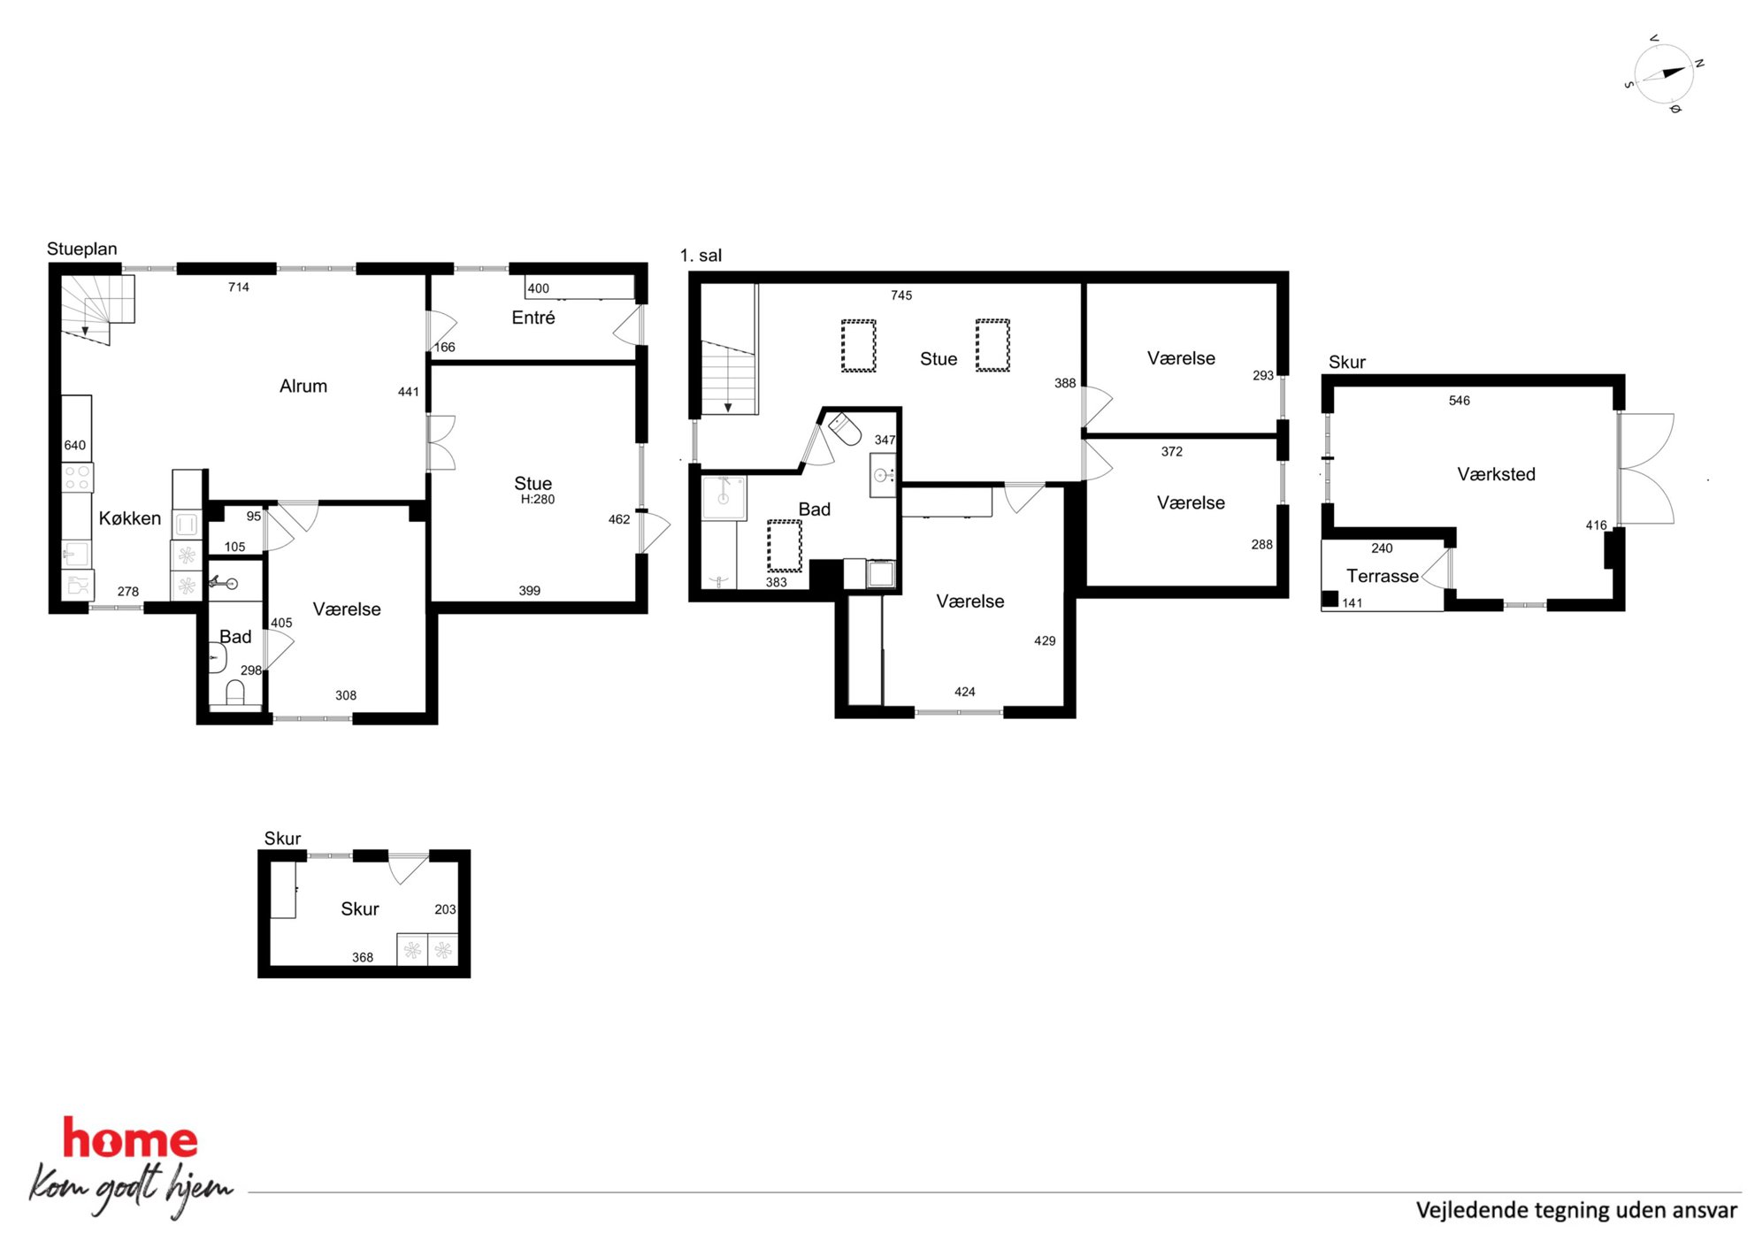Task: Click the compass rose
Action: pyautogui.click(x=1664, y=74)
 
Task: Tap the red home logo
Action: pyautogui.click(x=130, y=1139)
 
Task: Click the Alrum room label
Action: pyautogui.click(x=303, y=387)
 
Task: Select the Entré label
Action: pyautogui.click(x=533, y=318)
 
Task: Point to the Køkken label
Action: pyautogui.click(x=130, y=518)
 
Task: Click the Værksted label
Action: pyautogui.click(x=1496, y=474)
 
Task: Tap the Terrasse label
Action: pyautogui.click(x=1382, y=576)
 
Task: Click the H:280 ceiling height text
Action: pyautogui.click(x=538, y=500)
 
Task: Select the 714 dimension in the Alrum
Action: pyautogui.click(x=239, y=287)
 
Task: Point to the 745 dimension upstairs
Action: pyautogui.click(x=901, y=295)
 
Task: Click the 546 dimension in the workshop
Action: pyautogui.click(x=1460, y=401)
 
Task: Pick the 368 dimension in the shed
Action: pyautogui.click(x=363, y=957)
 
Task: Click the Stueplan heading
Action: pyautogui.click(x=82, y=249)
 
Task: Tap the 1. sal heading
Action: pyautogui.click(x=701, y=256)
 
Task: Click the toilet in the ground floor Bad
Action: pyautogui.click(x=235, y=693)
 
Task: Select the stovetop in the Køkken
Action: pyautogui.click(x=77, y=478)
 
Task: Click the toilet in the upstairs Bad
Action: pyautogui.click(x=845, y=429)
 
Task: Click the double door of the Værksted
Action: pyautogui.click(x=1646, y=469)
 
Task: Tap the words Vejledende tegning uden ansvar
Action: pyautogui.click(x=1576, y=1210)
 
